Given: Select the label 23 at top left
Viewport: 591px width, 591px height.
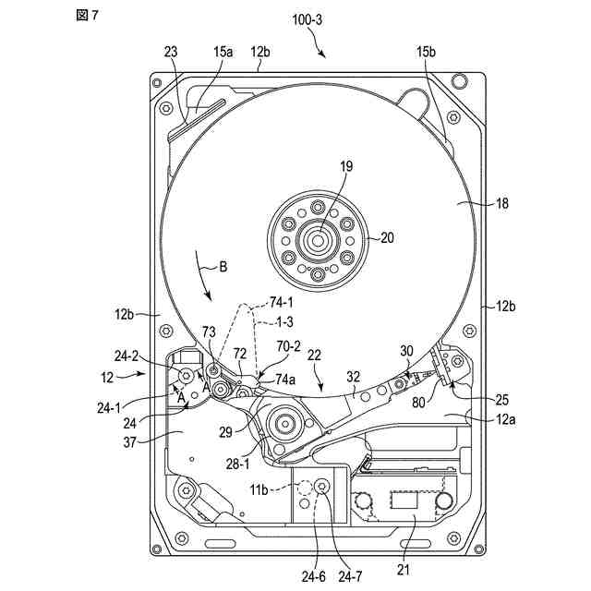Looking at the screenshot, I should point(172,54).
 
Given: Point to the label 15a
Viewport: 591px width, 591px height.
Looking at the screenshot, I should point(223,54).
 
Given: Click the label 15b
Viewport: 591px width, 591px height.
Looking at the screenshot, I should point(426,54).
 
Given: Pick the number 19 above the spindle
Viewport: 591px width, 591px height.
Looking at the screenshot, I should point(345,168).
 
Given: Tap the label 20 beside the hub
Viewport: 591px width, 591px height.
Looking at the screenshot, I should point(387,237).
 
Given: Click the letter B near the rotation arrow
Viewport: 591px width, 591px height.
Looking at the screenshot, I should point(223,269).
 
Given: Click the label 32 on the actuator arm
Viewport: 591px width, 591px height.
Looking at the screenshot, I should point(352,377).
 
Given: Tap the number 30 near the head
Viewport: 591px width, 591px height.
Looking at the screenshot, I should point(406,351).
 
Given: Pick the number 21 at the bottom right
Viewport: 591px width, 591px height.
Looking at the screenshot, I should point(403,569).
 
